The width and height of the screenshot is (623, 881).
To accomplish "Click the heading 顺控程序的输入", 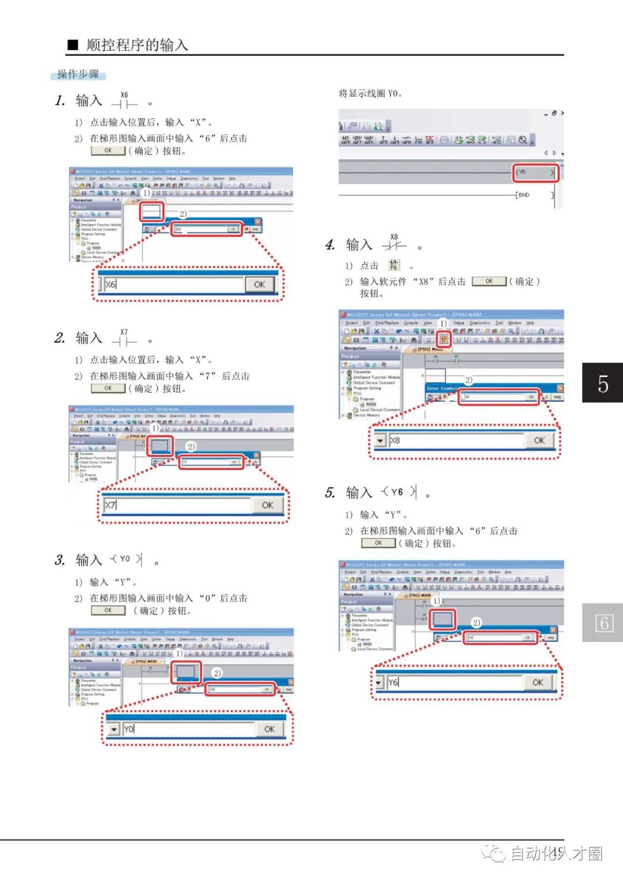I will click(137, 45).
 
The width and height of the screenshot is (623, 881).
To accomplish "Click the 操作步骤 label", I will click(78, 74).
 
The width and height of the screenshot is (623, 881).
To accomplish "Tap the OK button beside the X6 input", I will click(259, 284).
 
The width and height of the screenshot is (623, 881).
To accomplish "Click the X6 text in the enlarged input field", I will click(111, 284).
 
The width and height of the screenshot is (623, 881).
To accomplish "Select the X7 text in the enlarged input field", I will click(110, 505).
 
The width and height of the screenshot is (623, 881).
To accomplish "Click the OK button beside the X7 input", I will click(267, 505).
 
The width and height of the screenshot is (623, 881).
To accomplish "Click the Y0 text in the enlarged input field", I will click(129, 729).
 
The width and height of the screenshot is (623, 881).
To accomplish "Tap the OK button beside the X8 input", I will click(539, 440).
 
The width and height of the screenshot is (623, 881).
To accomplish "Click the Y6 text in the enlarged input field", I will click(393, 683).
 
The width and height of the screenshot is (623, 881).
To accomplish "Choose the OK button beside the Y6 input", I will click(538, 683).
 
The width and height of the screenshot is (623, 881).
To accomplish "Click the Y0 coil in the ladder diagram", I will click(535, 172).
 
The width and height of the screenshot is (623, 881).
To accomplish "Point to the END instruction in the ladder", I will click(523, 195).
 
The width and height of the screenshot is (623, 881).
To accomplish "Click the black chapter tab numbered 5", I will click(602, 383).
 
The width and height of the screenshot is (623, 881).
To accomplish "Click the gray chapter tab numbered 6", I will click(602, 623).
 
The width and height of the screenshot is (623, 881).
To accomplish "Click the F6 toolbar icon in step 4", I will click(393, 265).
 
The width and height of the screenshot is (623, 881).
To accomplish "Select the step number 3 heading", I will click(59, 560).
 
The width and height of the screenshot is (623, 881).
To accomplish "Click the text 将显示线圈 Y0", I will click(370, 93).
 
